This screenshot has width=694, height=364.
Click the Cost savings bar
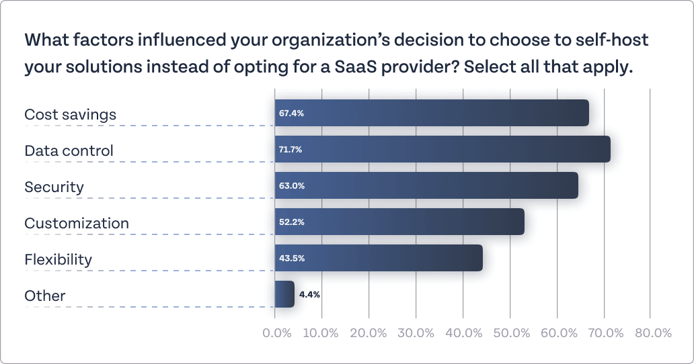(x=431, y=113)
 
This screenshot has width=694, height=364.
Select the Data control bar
(x=442, y=149)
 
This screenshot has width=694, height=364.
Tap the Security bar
(x=426, y=185)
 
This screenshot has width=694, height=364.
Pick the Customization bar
(x=399, y=222)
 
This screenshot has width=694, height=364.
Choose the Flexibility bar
(x=378, y=258)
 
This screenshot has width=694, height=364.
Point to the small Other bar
(x=284, y=294)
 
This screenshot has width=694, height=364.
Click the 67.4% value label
(x=291, y=113)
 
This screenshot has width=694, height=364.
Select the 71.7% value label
(x=291, y=150)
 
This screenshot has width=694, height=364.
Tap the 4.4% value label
(x=309, y=294)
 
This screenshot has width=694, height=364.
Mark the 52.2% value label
(x=291, y=222)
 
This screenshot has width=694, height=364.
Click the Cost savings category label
(x=70, y=115)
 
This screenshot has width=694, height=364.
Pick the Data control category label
(x=69, y=151)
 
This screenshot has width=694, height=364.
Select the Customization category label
(x=76, y=223)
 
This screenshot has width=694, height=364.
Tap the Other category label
(x=44, y=296)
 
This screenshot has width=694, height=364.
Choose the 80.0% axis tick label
(x=653, y=333)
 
